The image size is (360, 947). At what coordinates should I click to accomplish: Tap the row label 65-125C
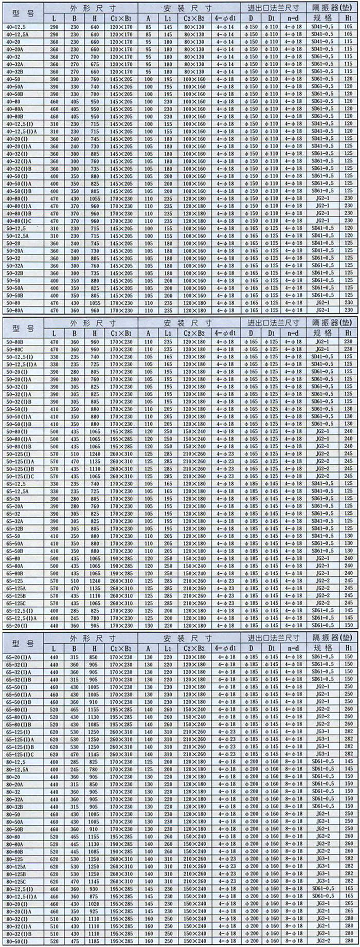[x=16, y=603]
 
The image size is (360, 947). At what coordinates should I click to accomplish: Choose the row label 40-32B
[x=15, y=71]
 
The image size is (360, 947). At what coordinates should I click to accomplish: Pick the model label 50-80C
[x=15, y=349]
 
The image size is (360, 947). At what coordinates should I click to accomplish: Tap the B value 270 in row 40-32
[x=75, y=56]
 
